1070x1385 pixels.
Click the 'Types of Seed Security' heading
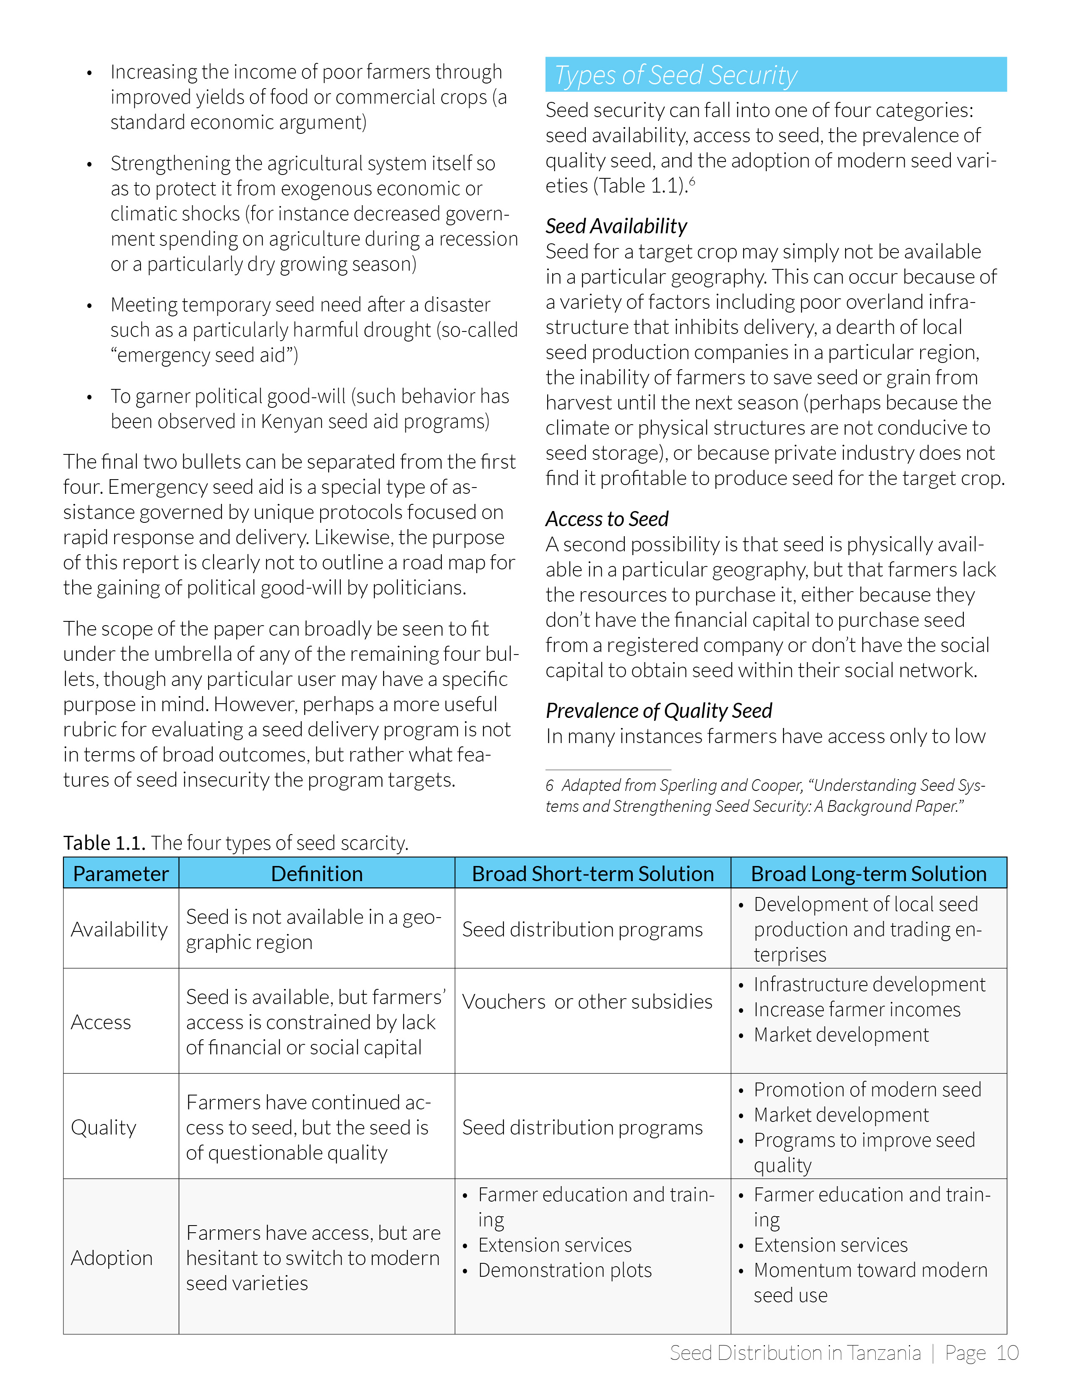(676, 75)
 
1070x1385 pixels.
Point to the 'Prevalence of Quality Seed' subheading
(658, 710)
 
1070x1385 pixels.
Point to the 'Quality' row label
(103, 1127)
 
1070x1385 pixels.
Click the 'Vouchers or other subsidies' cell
(587, 1002)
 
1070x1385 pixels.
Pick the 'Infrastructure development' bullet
(869, 984)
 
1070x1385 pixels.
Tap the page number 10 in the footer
(1007, 1353)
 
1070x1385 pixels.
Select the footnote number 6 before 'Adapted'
(549, 786)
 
